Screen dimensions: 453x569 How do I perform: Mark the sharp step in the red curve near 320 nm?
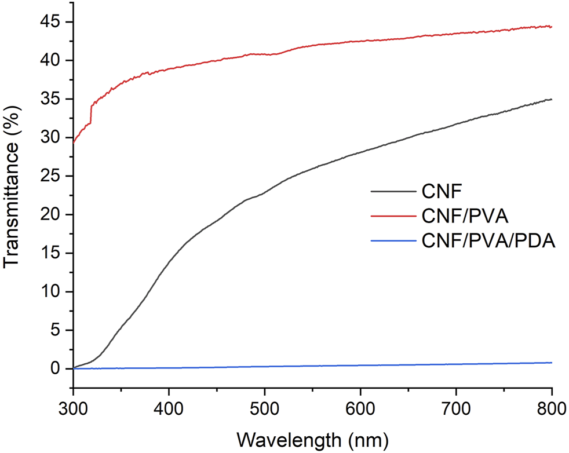coord(92,114)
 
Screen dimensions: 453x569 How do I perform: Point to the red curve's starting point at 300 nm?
coord(74,141)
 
